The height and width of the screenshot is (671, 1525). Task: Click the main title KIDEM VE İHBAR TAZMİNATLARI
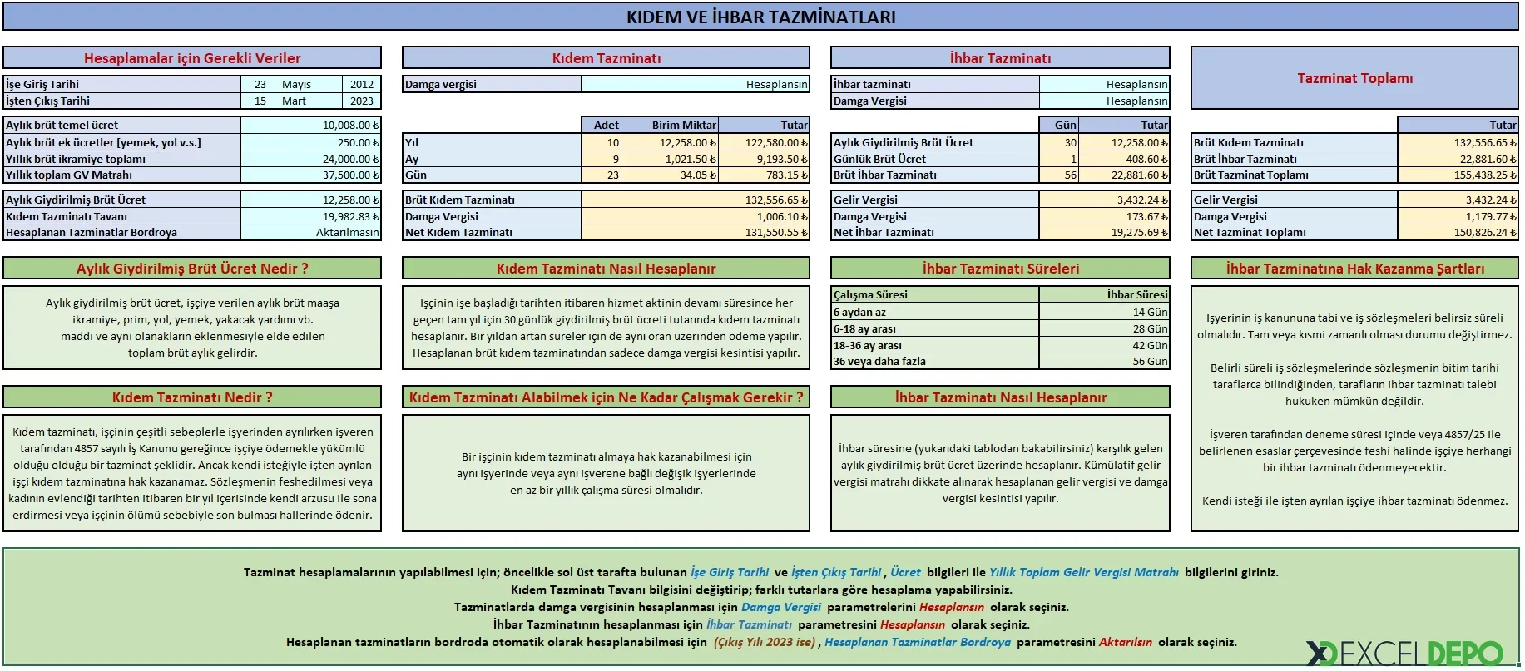pyautogui.click(x=760, y=17)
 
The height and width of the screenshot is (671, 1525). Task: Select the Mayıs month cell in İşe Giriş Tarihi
pyautogui.click(x=309, y=84)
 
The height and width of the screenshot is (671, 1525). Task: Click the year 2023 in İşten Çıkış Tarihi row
pyautogui.click(x=361, y=101)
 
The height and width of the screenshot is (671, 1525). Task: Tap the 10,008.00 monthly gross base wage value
pyautogui.click(x=309, y=125)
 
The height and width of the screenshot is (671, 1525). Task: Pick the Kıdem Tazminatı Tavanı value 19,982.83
pyautogui.click(x=309, y=216)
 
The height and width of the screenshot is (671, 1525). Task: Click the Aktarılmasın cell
pyautogui.click(x=309, y=233)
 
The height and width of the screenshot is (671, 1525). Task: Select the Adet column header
pyautogui.click(x=601, y=125)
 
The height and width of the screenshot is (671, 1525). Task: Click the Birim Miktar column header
pyautogui.click(x=670, y=125)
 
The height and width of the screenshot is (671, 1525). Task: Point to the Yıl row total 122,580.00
pyautogui.click(x=763, y=142)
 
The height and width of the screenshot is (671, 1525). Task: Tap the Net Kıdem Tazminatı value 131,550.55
pyautogui.click(x=695, y=233)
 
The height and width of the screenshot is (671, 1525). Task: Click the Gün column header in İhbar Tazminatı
pyautogui.click(x=1059, y=125)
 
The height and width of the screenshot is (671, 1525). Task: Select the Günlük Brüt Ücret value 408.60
pyautogui.click(x=1124, y=159)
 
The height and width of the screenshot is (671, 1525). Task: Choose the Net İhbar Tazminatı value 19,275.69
pyautogui.click(x=1104, y=233)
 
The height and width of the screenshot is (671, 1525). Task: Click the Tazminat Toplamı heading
pyautogui.click(x=1354, y=78)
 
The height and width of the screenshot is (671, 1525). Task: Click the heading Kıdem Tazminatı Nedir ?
pyautogui.click(x=192, y=397)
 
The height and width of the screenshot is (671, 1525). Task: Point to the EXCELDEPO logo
pyautogui.click(x=1405, y=653)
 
